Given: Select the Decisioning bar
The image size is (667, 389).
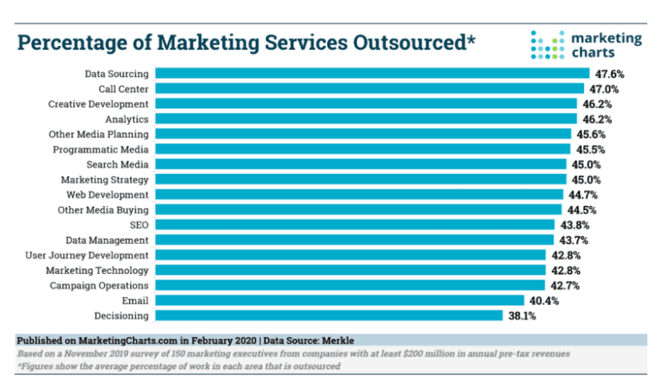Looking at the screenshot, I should click(328, 315).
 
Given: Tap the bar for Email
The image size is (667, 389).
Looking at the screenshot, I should click(339, 300).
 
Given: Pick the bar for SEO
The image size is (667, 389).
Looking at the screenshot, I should click(354, 225).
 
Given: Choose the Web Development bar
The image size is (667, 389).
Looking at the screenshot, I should click(358, 194).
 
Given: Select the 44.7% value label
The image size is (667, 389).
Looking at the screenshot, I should click(582, 194).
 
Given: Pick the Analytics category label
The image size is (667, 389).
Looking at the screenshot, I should click(127, 119).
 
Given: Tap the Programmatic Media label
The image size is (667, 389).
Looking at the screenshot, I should click(101, 149).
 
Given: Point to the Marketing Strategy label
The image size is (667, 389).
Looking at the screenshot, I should click(105, 180).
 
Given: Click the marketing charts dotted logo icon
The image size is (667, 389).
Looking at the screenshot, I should click(546, 45).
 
